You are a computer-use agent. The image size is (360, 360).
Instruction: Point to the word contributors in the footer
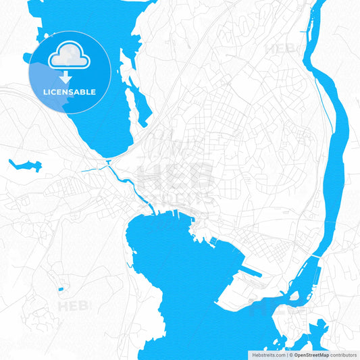pos(343,354)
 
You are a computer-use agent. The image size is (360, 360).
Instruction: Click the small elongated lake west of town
pos(25,165)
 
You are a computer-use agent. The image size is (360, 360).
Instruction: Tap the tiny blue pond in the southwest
pos(61,289)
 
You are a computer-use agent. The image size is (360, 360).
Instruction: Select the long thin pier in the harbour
pos(253,274)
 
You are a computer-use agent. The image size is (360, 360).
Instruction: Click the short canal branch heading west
pos(95,170)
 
